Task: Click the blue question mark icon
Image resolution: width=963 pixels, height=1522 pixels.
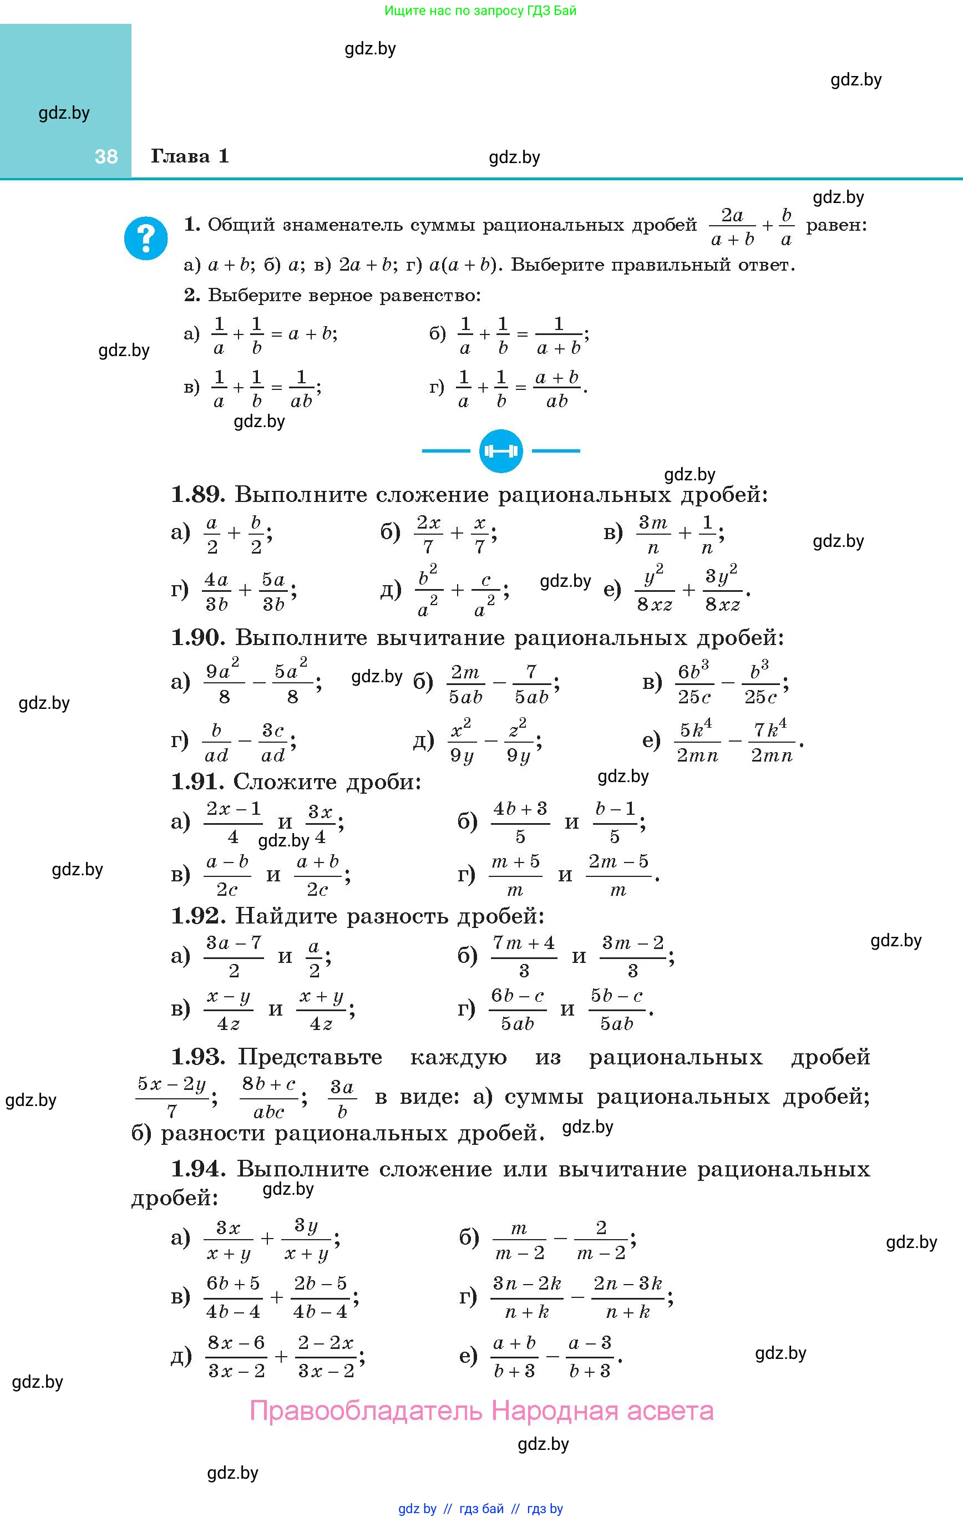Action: [146, 239]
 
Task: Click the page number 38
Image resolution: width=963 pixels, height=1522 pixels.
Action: [106, 157]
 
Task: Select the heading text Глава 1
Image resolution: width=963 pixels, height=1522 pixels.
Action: [190, 156]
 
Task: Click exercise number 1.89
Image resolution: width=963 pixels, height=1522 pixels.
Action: [198, 494]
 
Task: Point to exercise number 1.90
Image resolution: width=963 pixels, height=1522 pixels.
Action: [198, 638]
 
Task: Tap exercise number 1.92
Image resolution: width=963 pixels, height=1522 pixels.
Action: [198, 915]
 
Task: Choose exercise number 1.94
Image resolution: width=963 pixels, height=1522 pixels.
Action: [198, 1169]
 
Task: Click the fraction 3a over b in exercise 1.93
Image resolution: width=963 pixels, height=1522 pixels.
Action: [342, 1099]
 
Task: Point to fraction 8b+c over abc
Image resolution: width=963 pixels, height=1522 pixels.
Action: [268, 1099]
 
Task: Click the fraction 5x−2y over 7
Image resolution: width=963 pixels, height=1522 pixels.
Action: [172, 1099]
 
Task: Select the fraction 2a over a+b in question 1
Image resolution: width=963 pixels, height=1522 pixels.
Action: [732, 227]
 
